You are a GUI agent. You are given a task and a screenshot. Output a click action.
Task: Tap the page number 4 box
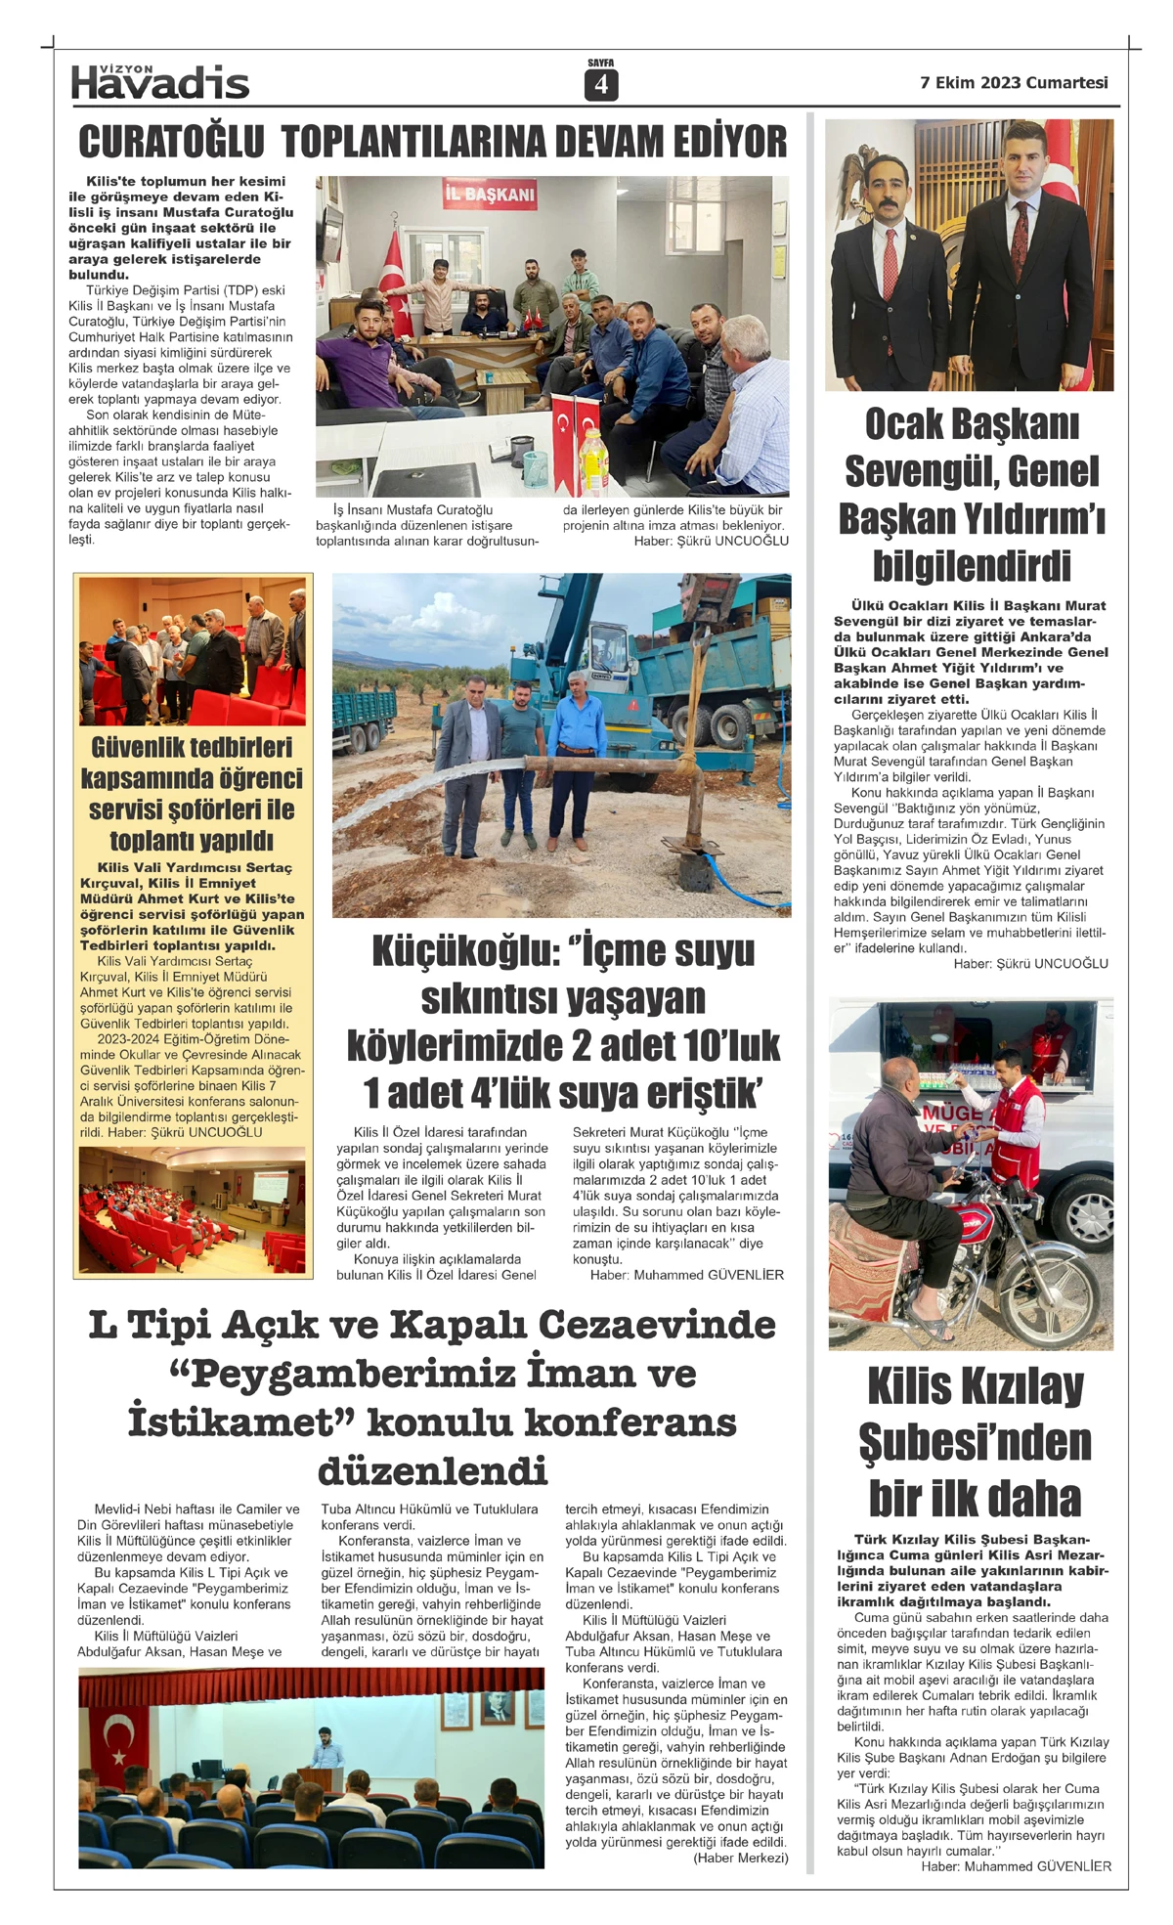pos(600,85)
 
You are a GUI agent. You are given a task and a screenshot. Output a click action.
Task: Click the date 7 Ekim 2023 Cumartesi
pos(1014,83)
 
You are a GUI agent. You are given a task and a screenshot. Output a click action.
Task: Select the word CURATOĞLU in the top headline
pos(171,142)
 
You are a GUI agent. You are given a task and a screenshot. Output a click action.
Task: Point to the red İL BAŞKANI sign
pos(491,194)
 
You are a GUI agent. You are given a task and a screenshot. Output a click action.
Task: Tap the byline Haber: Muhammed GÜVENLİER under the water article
pos(686,1275)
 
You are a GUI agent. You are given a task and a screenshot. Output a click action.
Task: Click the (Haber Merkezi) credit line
pos(740,1858)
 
